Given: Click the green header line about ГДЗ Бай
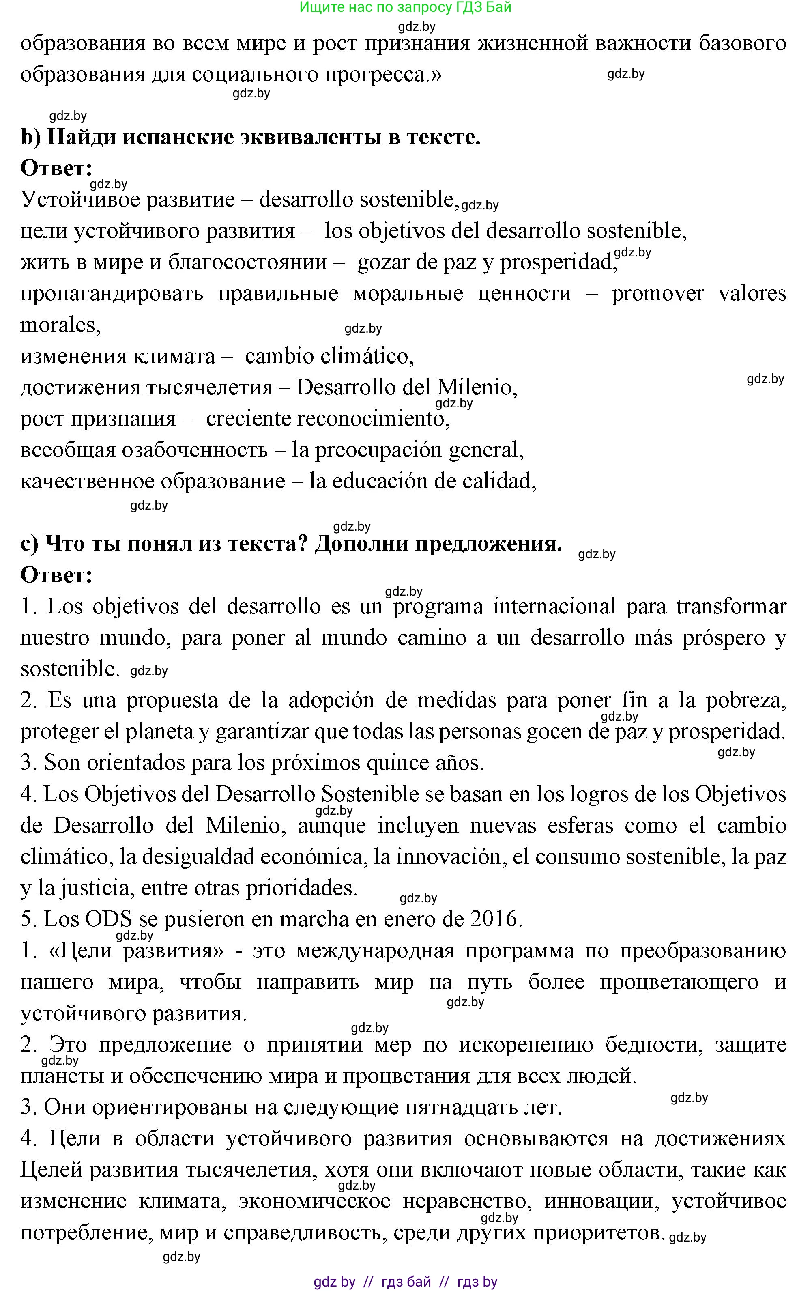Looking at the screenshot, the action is click(405, 7).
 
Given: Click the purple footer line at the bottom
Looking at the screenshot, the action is click(405, 1282).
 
